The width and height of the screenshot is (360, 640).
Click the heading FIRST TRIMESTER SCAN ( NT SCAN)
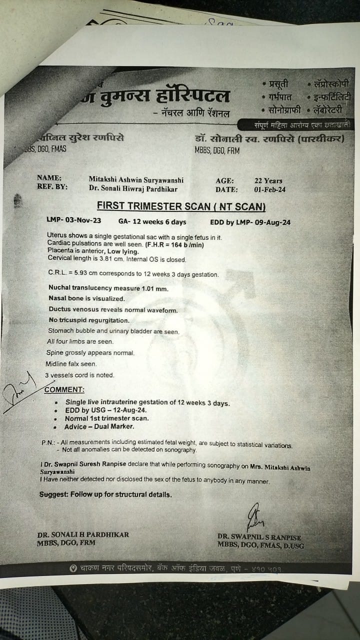[x=181, y=206]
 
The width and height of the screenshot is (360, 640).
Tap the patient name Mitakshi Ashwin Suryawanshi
[x=135, y=179]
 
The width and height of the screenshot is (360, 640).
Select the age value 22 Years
[x=268, y=180]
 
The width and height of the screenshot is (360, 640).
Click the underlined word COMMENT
[x=64, y=389]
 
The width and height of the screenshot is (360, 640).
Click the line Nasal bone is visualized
[x=86, y=299]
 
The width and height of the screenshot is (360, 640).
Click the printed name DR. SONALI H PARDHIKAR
[x=82, y=534]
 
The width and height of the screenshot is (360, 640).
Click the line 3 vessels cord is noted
[x=79, y=375]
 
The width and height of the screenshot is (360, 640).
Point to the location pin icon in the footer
[x=73, y=568]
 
